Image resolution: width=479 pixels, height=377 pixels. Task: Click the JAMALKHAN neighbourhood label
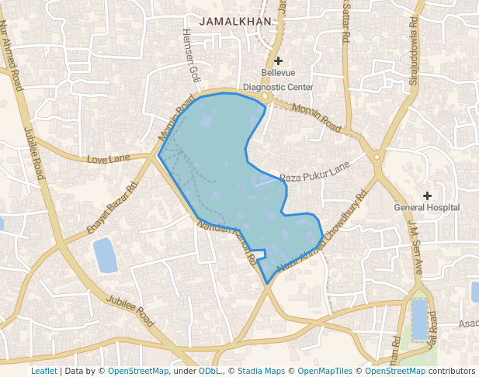tap(235, 21)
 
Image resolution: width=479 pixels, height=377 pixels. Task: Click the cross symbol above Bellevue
tap(278, 61)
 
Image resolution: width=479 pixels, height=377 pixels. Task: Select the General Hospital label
tap(427, 207)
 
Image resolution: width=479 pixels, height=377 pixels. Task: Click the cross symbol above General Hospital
tap(427, 195)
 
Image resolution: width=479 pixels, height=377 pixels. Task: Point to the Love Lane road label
tap(109, 159)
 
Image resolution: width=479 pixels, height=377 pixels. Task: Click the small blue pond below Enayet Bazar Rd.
tap(105, 255)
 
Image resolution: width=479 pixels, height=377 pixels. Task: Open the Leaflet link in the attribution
tap(43, 371)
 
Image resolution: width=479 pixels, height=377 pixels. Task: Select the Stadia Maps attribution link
tap(260, 371)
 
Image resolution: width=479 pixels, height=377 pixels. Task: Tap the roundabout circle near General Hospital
tap(377, 157)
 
